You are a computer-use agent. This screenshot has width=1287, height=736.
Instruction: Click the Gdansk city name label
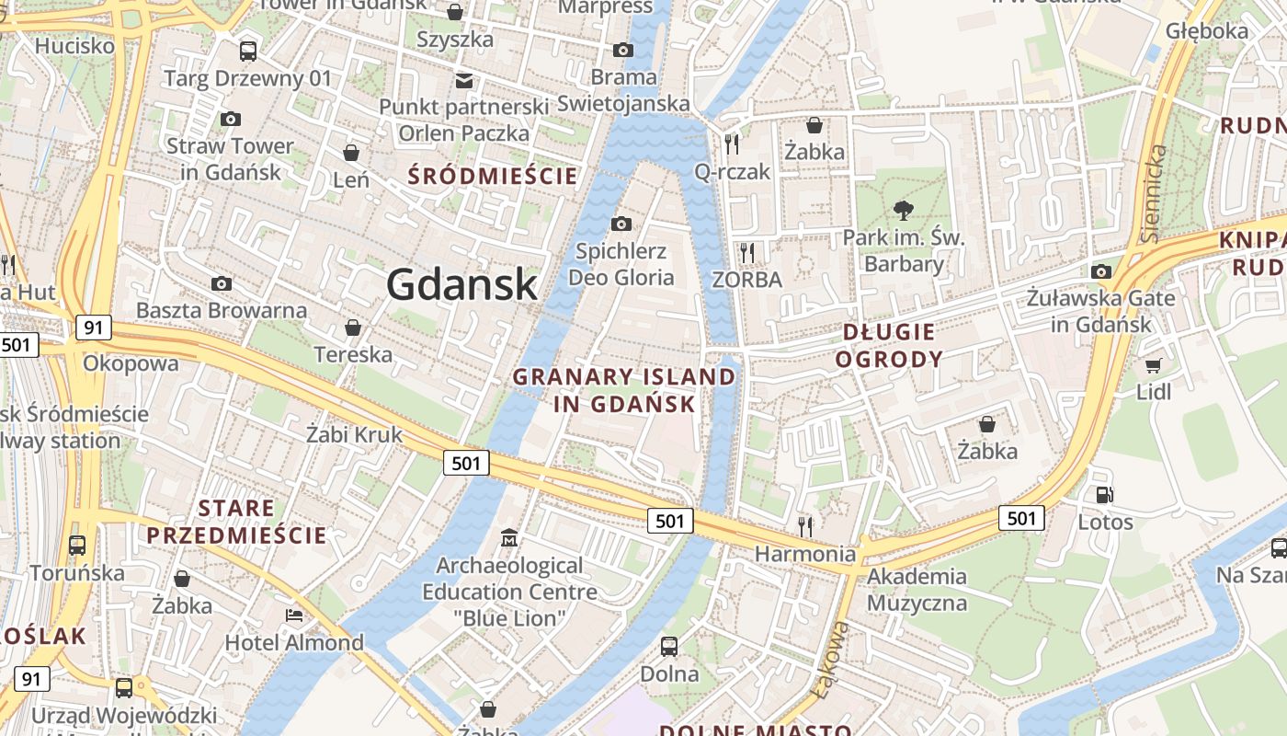click(461, 283)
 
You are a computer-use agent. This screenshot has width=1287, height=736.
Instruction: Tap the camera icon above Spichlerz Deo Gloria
click(621, 224)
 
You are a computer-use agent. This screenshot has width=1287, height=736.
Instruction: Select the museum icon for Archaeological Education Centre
click(509, 536)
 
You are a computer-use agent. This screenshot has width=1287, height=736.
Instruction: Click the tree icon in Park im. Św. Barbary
click(904, 210)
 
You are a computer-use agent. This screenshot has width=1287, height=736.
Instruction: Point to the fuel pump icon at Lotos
click(1104, 495)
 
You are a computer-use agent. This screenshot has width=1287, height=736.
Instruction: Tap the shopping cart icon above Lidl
click(1154, 365)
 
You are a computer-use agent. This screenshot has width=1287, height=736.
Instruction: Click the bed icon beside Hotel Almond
click(294, 615)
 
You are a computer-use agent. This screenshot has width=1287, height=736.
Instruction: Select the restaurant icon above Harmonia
click(805, 525)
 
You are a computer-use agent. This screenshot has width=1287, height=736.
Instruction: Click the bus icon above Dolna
click(669, 646)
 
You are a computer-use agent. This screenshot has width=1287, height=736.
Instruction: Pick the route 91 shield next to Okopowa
click(93, 328)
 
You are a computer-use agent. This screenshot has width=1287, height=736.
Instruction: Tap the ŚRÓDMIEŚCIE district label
click(494, 176)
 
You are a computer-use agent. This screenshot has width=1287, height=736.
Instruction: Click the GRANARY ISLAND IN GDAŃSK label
click(624, 390)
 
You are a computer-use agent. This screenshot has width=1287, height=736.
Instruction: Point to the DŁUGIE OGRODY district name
click(889, 345)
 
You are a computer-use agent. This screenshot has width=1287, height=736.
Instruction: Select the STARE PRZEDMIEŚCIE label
click(236, 522)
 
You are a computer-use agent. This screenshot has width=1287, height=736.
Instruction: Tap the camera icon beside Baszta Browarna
click(222, 283)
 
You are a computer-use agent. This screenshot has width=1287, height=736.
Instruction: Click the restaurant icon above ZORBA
click(746, 252)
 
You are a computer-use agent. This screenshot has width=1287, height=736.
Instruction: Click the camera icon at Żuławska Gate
click(1100, 271)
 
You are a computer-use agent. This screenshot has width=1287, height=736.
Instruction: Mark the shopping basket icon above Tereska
click(352, 328)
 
